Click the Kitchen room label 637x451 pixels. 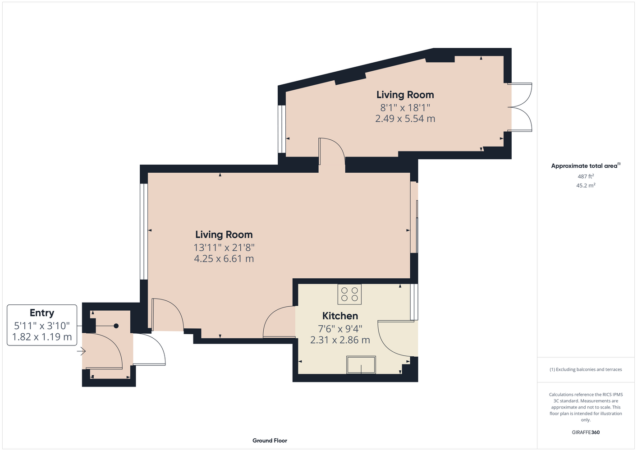click(340, 316)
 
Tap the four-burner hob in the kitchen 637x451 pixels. click(349, 294)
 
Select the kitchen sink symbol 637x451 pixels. click(361, 365)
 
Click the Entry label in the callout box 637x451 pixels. click(42, 313)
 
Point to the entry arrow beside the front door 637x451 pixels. click(81, 351)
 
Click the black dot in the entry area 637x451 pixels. click(116, 326)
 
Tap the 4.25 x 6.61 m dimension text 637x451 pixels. click(224, 259)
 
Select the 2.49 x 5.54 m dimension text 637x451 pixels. click(405, 119)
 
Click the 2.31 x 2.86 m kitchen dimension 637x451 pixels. click(340, 340)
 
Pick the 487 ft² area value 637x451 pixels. click(586, 176)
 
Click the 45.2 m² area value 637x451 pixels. click(586, 185)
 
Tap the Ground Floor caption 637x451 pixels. click(270, 441)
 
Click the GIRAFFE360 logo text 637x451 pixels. click(586, 432)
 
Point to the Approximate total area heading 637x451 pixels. click(586, 166)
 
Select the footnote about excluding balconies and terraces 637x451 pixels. click(586, 369)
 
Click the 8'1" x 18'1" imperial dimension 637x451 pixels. click(405, 107)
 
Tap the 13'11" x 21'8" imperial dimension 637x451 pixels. click(224, 248)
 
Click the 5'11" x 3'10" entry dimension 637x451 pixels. click(42, 326)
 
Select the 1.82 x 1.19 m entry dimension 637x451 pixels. click(42, 337)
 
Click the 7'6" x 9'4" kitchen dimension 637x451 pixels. click(340, 329)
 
